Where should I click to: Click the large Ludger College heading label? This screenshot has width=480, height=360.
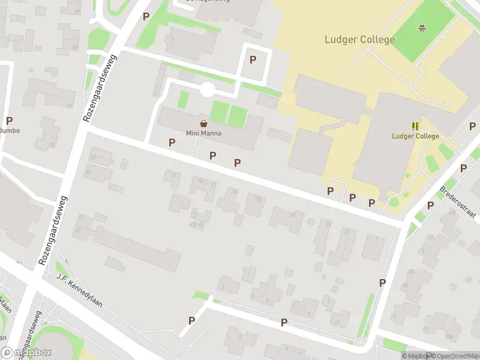(359, 40)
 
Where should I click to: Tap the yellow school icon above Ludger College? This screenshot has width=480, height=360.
(415, 126)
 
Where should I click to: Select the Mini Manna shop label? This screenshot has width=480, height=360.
(203, 133)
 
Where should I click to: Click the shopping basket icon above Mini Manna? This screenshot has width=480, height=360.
(204, 123)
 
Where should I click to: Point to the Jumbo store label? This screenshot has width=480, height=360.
(10, 130)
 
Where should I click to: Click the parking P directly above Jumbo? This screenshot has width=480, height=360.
(9, 121)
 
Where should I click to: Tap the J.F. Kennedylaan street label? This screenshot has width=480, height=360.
(79, 292)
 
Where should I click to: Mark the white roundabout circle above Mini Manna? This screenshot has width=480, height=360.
(208, 90)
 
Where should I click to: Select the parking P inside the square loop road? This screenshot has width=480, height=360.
(253, 59)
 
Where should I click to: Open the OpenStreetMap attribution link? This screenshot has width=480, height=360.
(455, 356)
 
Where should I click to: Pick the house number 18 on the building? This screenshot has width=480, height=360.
(293, 215)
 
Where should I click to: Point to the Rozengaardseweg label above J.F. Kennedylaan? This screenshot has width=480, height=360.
(53, 231)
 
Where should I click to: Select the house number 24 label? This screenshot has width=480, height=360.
(329, 223)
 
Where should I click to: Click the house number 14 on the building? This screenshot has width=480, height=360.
(235, 191)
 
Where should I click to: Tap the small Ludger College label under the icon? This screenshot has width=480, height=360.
(415, 136)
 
